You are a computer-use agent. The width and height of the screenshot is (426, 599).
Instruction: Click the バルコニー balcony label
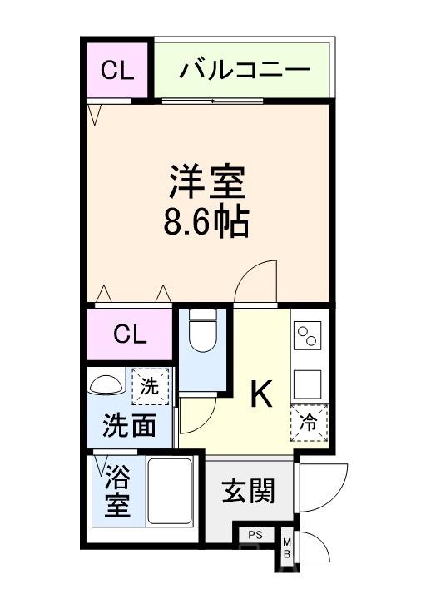[x=244, y=69]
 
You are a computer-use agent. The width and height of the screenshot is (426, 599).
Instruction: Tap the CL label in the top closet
[x=117, y=70]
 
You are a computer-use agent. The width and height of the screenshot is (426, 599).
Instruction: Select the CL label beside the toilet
[x=130, y=334]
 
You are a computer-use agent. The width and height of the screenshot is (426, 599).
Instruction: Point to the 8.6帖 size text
[x=209, y=222]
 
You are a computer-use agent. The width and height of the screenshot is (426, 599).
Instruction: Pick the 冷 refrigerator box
[x=308, y=423]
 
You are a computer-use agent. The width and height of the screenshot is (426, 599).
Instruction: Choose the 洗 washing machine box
[x=149, y=386]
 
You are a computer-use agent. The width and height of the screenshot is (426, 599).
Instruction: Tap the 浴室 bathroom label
[x=117, y=492]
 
